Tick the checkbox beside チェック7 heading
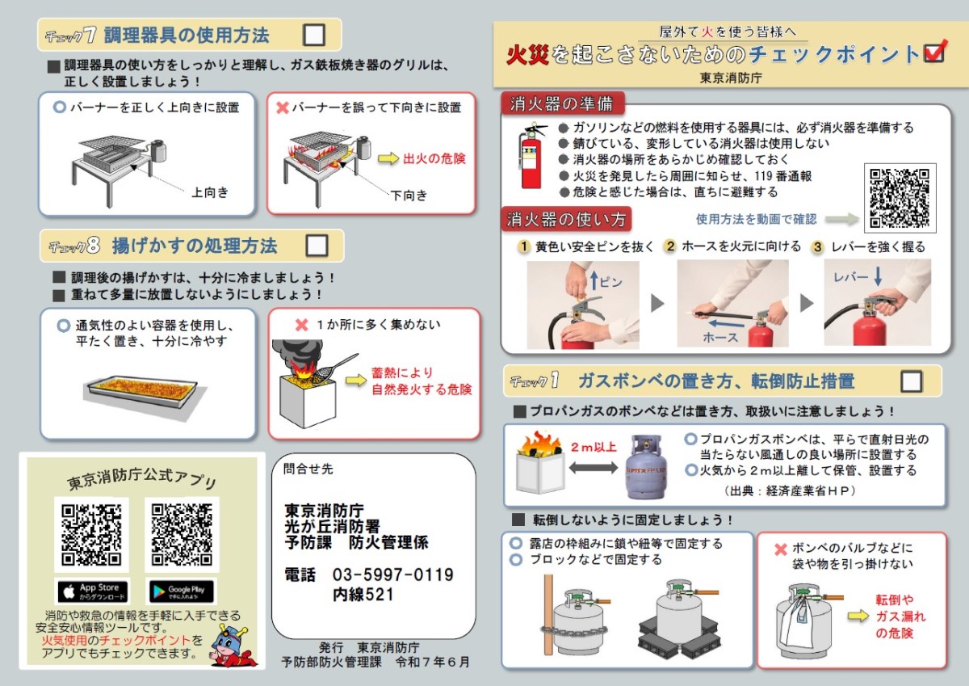click(x=314, y=35)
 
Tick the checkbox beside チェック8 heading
click(x=317, y=246)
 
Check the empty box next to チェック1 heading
click(x=911, y=381)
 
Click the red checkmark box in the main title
click(x=935, y=53)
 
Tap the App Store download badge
click(x=94, y=591)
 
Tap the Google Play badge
click(x=182, y=591)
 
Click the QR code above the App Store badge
click(x=91, y=535)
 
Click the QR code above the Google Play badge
click(x=182, y=535)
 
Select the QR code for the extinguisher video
click(x=900, y=198)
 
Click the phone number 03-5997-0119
click(x=392, y=574)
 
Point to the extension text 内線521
click(x=363, y=594)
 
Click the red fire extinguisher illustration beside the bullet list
click(x=532, y=156)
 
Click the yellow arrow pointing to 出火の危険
click(x=388, y=158)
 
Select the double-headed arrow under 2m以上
click(x=594, y=467)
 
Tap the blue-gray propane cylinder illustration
click(x=646, y=467)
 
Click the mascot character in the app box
click(x=233, y=645)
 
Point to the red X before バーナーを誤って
click(x=283, y=107)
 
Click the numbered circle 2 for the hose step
click(x=670, y=246)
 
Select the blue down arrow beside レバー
click(x=878, y=276)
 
